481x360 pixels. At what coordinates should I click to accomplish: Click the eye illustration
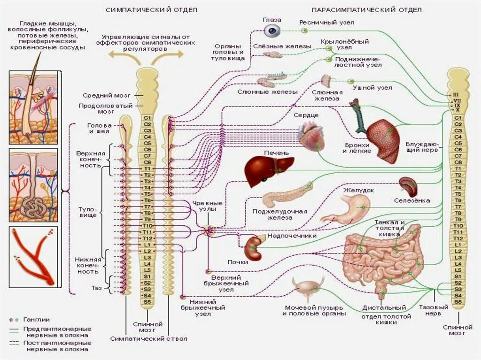(x=271, y=31)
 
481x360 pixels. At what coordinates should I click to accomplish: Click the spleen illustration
(x=408, y=187)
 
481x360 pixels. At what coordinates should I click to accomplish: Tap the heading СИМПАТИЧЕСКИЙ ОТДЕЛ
(x=151, y=10)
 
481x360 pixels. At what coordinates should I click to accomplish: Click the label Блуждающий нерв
(x=422, y=146)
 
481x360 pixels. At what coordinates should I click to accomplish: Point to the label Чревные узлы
(x=204, y=205)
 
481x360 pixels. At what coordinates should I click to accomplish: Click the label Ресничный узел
(x=327, y=22)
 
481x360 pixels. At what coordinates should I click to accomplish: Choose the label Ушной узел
(x=372, y=88)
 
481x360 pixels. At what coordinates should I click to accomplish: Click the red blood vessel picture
(x=33, y=257)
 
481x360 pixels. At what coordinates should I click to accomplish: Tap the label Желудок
(x=358, y=190)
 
